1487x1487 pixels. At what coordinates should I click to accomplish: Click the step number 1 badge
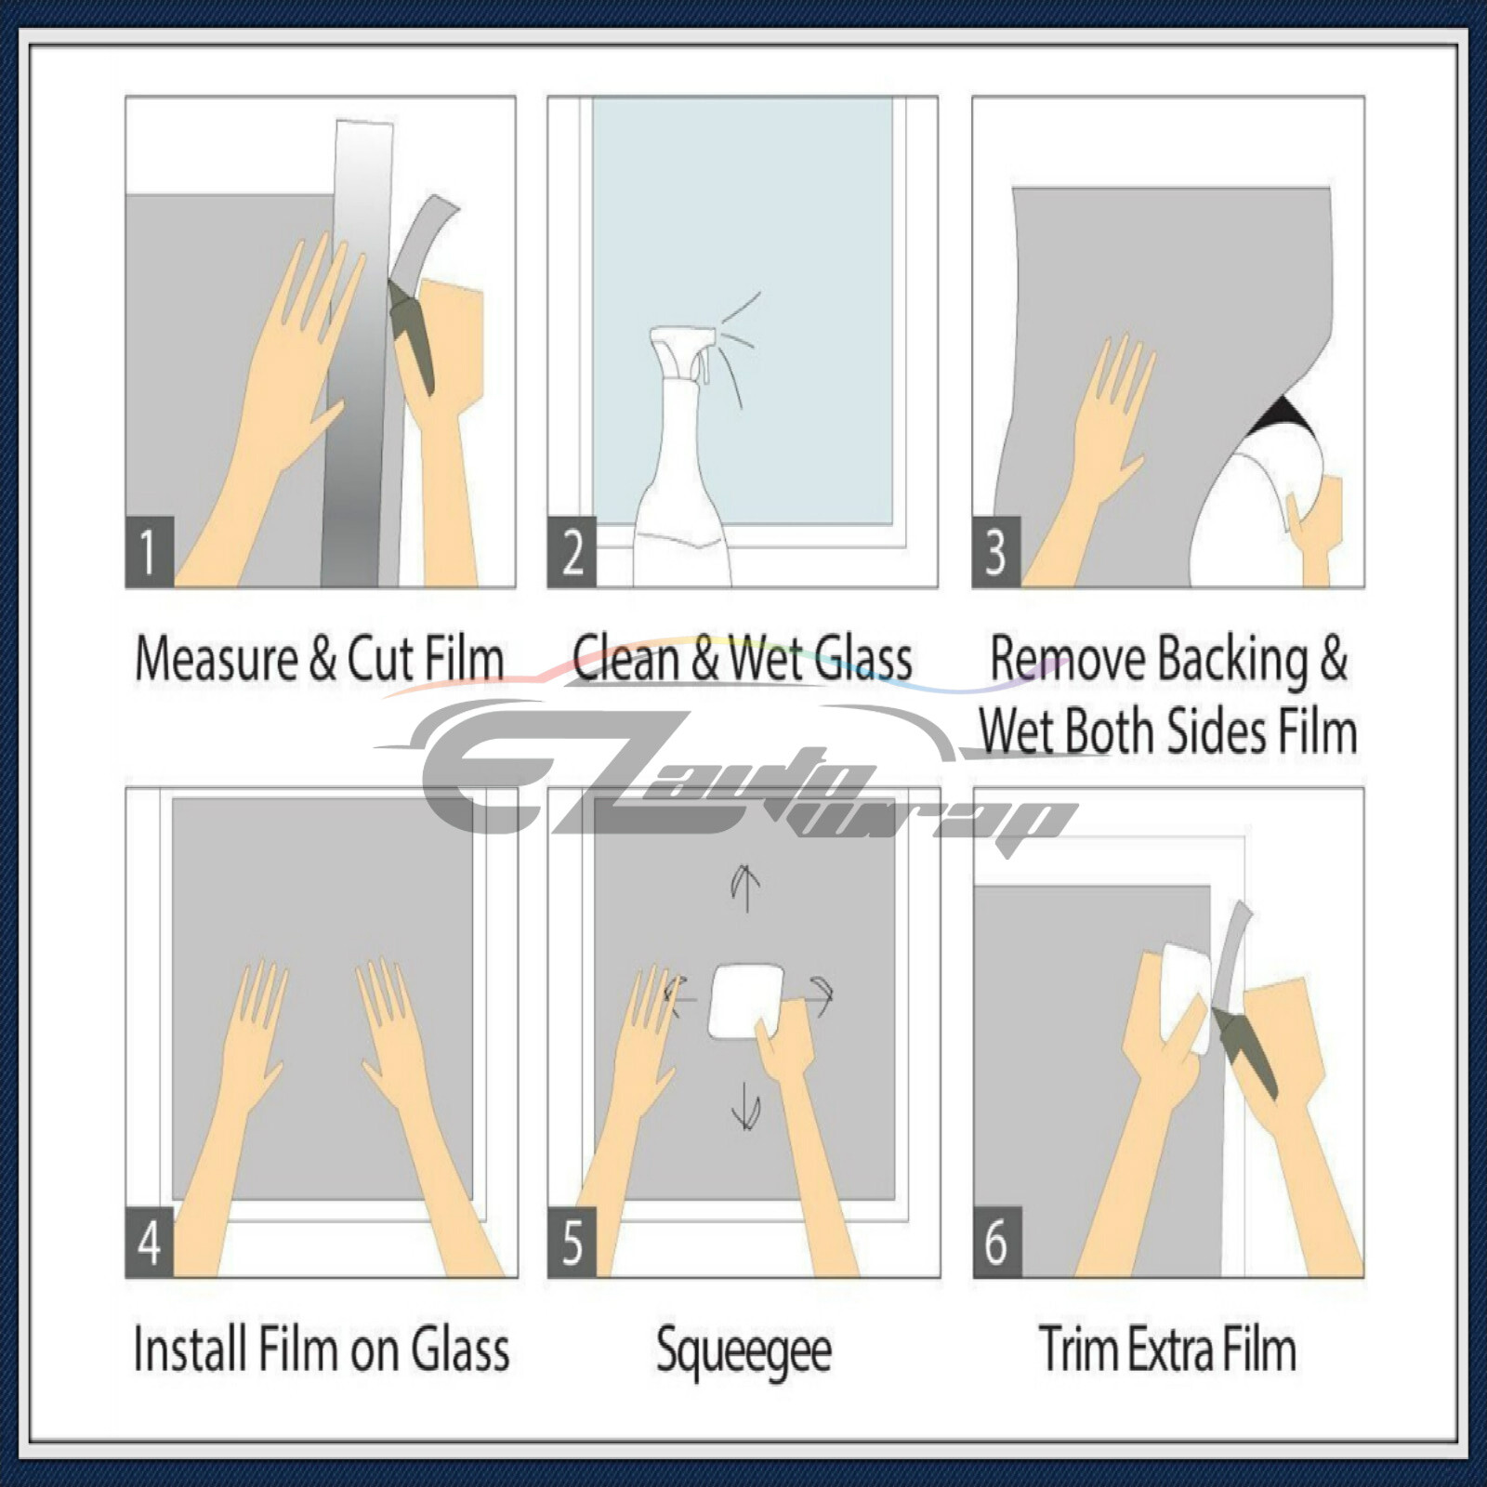pos(149,551)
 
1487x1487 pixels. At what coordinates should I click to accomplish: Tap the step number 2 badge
pos(572,551)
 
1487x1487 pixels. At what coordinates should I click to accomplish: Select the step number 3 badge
pos(995,551)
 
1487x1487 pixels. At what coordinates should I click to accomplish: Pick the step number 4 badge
pos(149,1242)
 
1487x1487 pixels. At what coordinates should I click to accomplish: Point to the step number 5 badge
pos(572,1242)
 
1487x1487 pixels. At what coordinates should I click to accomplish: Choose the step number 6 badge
pos(996,1242)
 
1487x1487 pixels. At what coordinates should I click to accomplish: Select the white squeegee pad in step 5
pos(743,999)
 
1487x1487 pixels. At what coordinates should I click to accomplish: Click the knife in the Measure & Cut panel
pos(412,335)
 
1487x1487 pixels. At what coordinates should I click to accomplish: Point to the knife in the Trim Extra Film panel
pos(1245,1050)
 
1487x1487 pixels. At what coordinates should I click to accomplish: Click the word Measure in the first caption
pos(217,659)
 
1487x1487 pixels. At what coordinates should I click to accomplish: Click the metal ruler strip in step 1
pos(358,372)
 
